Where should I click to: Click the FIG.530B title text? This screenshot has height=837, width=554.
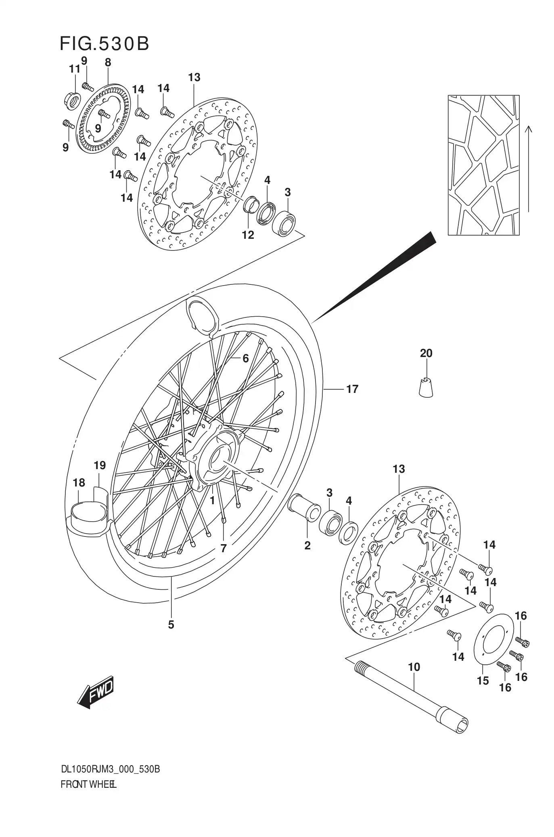coord(104,44)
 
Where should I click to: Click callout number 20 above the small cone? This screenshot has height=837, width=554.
coord(426,353)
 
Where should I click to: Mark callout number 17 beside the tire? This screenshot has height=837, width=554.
coord(352,389)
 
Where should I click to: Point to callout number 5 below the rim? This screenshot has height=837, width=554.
coord(171,624)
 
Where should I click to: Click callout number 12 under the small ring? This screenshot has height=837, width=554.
coord(248,235)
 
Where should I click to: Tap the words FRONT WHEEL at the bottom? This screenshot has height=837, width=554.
coord(89,785)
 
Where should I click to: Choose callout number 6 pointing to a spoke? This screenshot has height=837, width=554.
coord(245,358)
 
